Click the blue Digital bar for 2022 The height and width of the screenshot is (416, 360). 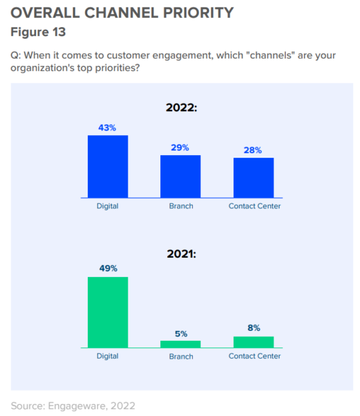[108, 166]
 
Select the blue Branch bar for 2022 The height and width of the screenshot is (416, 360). [180, 176]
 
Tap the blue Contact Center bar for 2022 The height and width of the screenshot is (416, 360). [254, 178]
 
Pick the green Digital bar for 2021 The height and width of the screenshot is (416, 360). [108, 312]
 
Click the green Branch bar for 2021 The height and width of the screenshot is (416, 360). [180, 344]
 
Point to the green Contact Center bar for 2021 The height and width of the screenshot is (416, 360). [254, 342]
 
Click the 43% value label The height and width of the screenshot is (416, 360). [108, 127]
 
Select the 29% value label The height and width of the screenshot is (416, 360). [180, 147]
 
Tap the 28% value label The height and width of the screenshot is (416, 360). [253, 150]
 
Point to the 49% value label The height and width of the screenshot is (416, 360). [108, 268]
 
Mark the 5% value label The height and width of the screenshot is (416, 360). [180, 333]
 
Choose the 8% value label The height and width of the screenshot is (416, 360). [254, 327]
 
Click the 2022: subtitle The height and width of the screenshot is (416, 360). [181, 106]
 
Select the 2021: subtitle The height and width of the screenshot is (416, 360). [181, 253]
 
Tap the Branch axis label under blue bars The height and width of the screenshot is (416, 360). [180, 206]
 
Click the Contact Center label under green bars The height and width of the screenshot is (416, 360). [254, 356]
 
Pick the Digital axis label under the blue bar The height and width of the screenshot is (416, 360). [107, 206]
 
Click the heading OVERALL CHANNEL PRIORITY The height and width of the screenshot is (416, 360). [122, 13]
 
